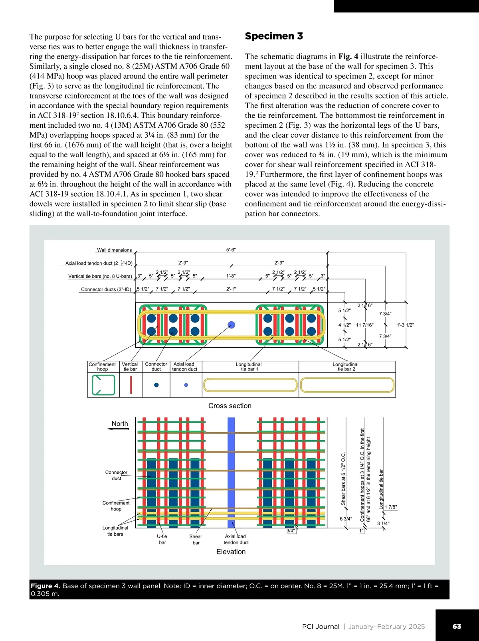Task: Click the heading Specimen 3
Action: (x=274, y=36)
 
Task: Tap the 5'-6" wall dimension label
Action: (x=231, y=250)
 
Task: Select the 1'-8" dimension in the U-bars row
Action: (x=231, y=276)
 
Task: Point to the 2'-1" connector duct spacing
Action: (x=231, y=289)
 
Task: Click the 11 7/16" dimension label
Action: (x=364, y=325)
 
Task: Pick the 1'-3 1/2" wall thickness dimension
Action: (x=405, y=325)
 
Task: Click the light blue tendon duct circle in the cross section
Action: (x=231, y=324)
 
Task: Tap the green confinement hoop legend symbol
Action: (x=103, y=385)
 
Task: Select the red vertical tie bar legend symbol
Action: (x=131, y=385)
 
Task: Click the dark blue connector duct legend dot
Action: (x=156, y=385)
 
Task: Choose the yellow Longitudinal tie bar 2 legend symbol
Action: (x=347, y=385)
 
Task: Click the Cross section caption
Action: (x=230, y=406)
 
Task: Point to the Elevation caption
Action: (x=231, y=552)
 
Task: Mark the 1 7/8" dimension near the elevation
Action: (x=391, y=507)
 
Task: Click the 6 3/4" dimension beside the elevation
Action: (x=346, y=519)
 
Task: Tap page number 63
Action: (x=457, y=626)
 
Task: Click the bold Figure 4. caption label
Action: (x=46, y=586)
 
